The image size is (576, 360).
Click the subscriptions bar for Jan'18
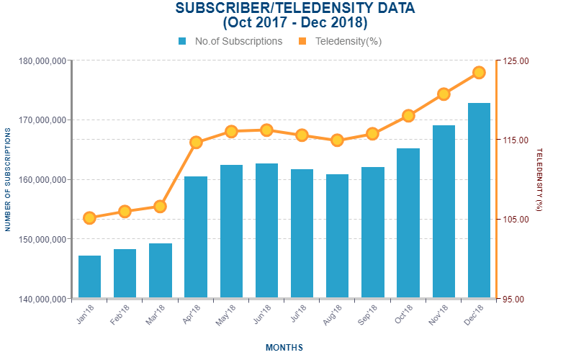[89, 276]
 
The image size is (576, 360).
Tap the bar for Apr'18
[196, 237]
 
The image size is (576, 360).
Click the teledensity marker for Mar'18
[160, 207]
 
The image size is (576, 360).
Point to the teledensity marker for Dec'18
[479, 72]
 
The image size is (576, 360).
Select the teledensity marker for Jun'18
[266, 130]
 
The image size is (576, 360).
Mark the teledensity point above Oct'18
[408, 116]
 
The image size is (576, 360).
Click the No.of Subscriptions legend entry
[230, 41]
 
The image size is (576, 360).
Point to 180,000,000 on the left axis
[40, 61]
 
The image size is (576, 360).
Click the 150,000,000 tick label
[40, 239]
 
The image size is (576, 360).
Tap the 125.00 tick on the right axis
[515, 61]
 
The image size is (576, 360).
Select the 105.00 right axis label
[515, 220]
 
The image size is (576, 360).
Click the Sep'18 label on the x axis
[368, 315]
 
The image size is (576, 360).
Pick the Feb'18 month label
[121, 315]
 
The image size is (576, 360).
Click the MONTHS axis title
[284, 348]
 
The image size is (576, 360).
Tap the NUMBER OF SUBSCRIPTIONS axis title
[8, 179]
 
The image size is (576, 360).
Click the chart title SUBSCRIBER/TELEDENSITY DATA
[295, 9]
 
